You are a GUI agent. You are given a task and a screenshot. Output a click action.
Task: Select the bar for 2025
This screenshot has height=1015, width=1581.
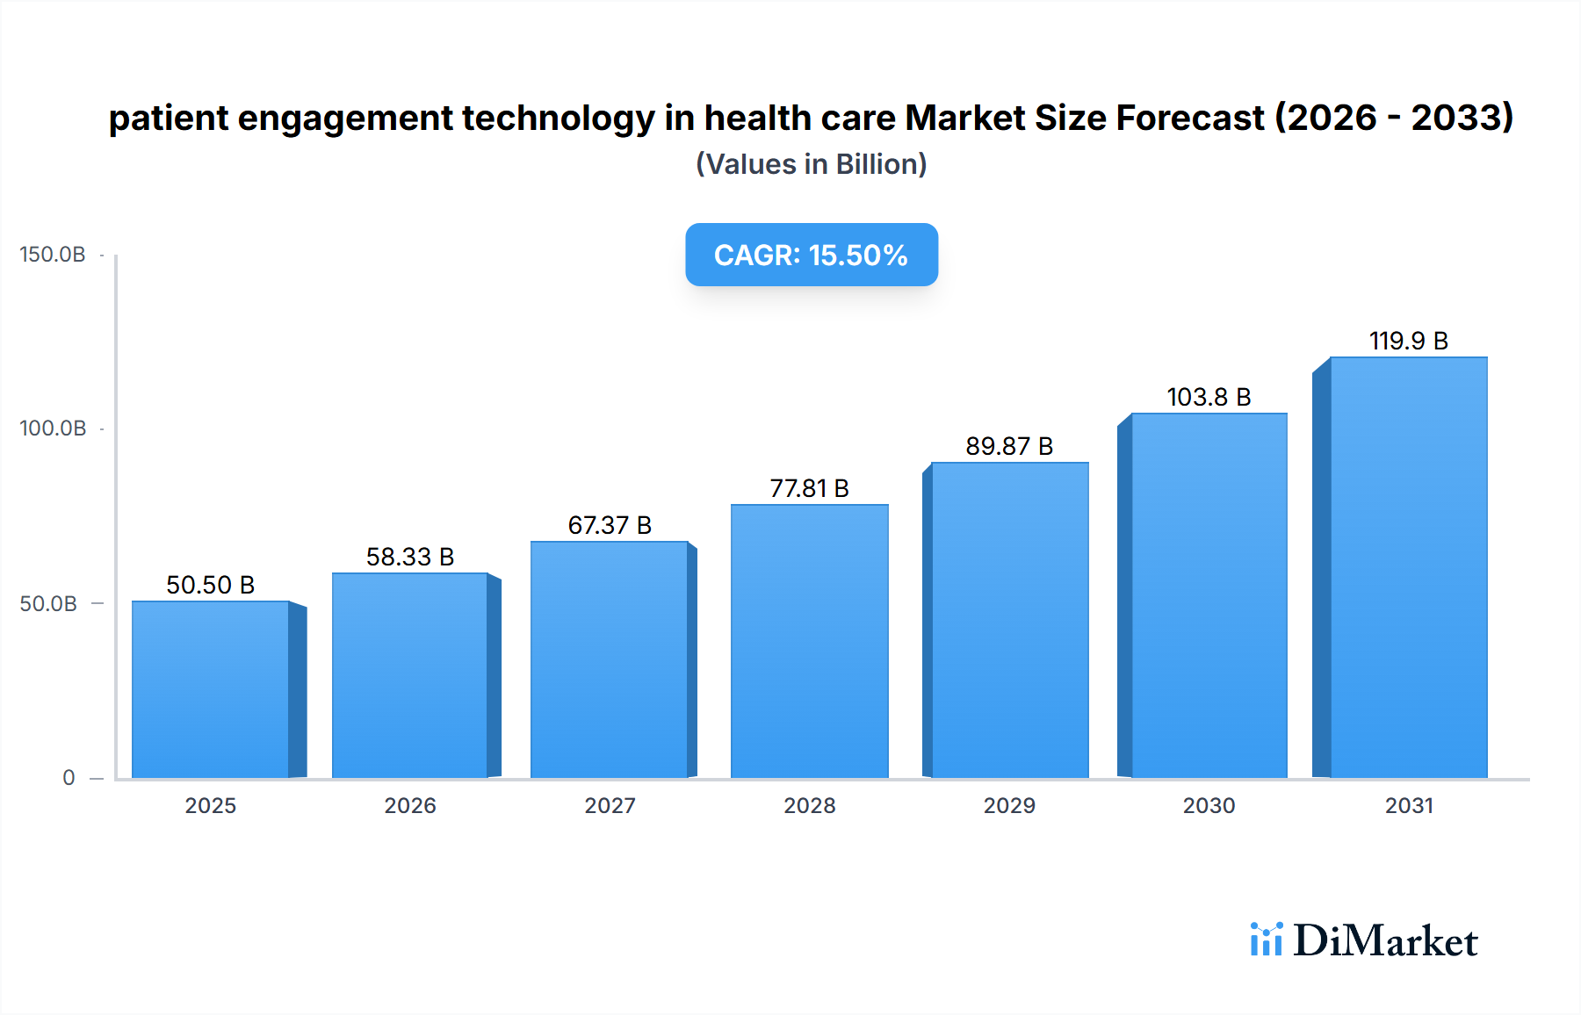tap(211, 689)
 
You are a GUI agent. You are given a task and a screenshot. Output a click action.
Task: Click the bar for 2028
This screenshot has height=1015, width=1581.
tap(809, 641)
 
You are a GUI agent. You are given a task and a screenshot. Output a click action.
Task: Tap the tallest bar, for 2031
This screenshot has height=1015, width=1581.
tap(1408, 567)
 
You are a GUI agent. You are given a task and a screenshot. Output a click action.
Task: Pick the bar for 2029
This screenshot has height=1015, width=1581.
tap(1009, 620)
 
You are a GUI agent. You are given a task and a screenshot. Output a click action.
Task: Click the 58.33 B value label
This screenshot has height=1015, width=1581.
tap(409, 557)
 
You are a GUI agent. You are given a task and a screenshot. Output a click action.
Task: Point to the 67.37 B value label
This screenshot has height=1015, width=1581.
tap(610, 525)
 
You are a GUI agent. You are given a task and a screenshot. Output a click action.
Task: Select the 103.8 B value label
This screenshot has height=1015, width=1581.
tap(1209, 397)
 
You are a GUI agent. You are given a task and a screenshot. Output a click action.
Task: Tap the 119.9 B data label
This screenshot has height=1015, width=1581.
tap(1408, 341)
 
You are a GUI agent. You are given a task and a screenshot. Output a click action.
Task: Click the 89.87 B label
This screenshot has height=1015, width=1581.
tap(1009, 446)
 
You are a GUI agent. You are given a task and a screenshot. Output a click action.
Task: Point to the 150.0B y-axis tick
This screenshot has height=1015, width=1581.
tap(53, 255)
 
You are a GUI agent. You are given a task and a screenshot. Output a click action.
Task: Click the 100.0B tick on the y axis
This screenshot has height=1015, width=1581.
tap(53, 428)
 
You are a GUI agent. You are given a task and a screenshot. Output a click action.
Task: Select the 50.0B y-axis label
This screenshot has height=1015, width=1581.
tap(48, 604)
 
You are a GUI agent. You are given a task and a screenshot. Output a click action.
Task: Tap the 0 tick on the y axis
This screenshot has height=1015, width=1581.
tap(69, 778)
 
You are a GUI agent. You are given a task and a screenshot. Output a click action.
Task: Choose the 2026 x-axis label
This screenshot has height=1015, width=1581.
tap(409, 805)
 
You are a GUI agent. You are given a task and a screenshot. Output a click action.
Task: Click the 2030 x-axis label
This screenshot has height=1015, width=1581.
tap(1209, 805)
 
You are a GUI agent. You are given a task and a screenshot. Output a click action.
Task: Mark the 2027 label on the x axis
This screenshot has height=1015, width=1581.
tap(610, 805)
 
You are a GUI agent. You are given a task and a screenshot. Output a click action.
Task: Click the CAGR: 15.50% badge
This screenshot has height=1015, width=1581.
tap(811, 255)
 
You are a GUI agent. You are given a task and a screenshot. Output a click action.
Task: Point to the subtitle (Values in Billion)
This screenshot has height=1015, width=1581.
tap(811, 164)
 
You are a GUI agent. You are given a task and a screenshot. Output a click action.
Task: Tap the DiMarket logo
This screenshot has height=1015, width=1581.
tap(1364, 940)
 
